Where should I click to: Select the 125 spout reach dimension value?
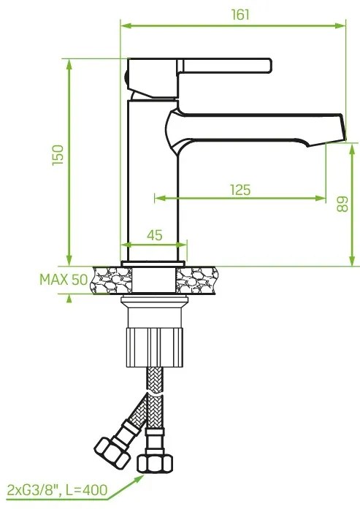240,190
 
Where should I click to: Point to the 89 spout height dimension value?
341,204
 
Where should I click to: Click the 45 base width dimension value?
155,235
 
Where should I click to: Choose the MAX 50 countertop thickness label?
62,280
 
